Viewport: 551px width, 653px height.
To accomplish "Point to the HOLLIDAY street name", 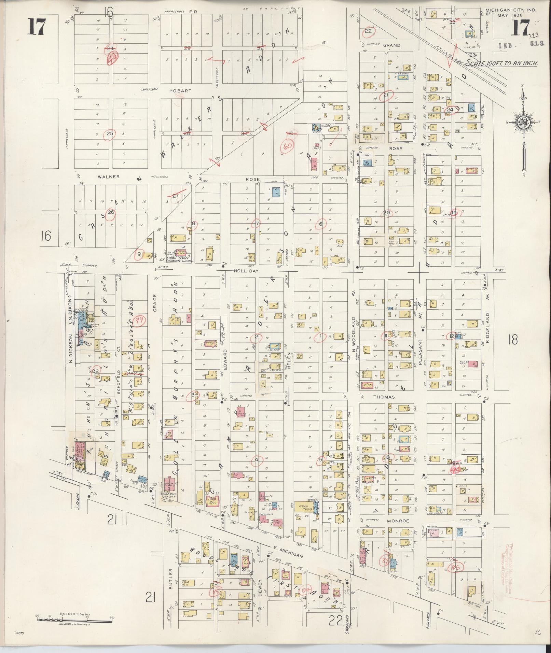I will click(245, 270).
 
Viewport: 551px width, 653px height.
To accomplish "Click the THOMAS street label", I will click(384, 397).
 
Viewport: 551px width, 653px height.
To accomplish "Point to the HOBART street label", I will click(180, 91).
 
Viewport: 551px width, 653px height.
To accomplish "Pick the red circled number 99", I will click(139, 320).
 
